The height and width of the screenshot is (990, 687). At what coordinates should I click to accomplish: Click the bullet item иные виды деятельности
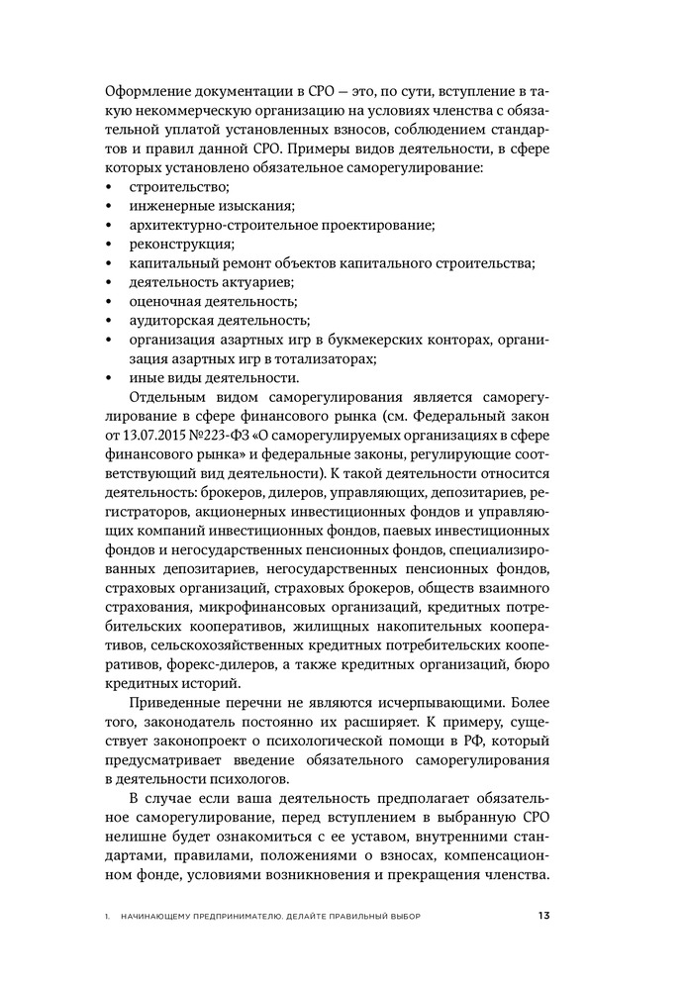tap(214, 377)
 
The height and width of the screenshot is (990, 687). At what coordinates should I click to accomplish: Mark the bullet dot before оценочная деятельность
tap(107, 301)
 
